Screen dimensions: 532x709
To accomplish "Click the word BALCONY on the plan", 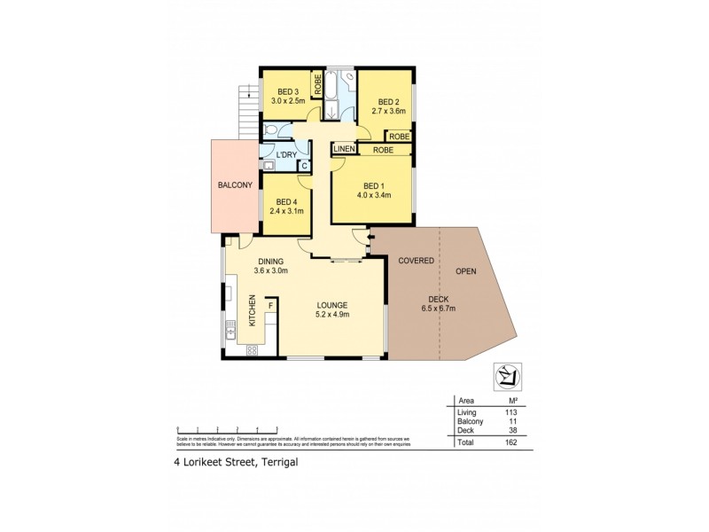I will pos(236,185).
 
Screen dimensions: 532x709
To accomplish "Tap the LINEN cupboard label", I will pos(345,150).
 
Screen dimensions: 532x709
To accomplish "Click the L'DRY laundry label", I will pos(286,155).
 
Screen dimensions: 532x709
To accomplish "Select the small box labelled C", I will pos(304,165).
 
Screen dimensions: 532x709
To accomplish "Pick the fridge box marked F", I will pos(270,307).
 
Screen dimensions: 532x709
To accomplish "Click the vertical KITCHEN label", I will pos(252,313).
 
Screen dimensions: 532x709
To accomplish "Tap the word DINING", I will pos(270,262).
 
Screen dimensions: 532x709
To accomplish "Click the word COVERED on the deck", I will pos(416,261).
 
